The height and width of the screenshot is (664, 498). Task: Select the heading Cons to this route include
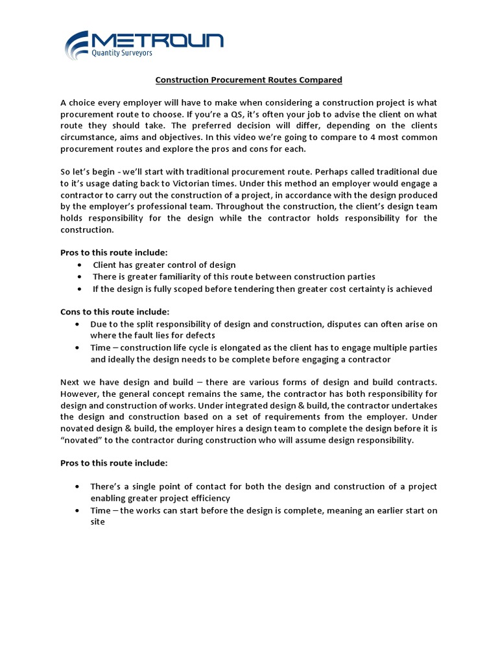coord(115,311)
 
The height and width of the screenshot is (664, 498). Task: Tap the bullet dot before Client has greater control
coord(79,265)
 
